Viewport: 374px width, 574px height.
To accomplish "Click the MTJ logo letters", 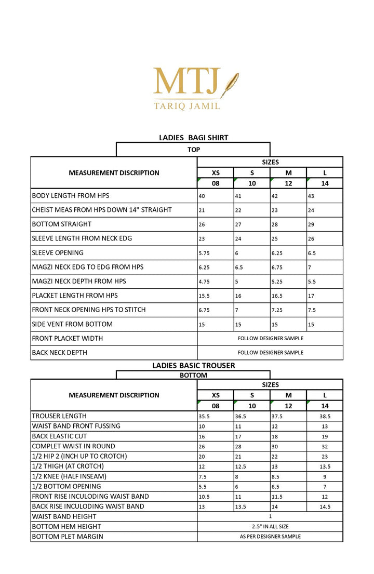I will tap(186, 82).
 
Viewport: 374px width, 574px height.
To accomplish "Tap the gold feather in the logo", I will tap(230, 84).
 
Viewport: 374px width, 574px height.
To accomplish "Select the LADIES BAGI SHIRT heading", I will tap(193, 138).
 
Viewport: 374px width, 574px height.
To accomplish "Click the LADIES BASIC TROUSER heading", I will tap(193, 365).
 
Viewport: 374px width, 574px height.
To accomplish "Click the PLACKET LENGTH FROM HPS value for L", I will tap(311, 296).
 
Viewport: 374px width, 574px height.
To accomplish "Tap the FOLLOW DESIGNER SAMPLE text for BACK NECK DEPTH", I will tap(270, 353).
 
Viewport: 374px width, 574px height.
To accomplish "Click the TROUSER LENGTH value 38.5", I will tap(325, 416).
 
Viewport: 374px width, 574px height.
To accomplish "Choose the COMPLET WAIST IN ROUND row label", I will tap(73, 446).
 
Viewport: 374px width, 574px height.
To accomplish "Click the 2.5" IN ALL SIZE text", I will tap(270, 527).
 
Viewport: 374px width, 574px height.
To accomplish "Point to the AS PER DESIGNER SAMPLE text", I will tap(270, 537).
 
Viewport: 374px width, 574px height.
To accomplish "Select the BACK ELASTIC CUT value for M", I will tap(275, 436).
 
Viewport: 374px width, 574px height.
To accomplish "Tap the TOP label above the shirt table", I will tap(194, 150).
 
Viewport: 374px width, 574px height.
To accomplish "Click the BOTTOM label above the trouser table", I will tap(193, 375).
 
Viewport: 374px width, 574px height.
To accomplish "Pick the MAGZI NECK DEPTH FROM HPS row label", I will tap(78, 281).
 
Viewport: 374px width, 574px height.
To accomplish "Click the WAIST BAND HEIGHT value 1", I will tap(270, 516).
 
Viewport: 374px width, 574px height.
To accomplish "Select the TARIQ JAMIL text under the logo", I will tap(187, 106).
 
